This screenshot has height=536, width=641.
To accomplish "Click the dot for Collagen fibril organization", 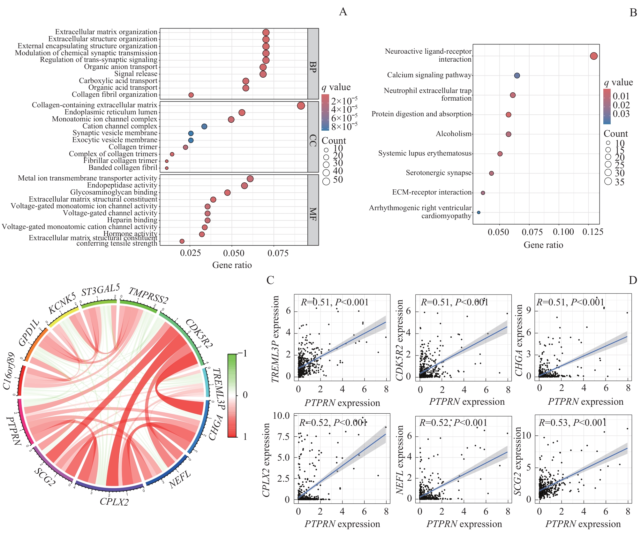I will (191, 95).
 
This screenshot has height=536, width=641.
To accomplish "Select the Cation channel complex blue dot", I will (204, 126).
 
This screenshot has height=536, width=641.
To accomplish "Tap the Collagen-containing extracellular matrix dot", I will (301, 106).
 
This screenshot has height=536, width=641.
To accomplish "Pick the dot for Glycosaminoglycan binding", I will (227, 193).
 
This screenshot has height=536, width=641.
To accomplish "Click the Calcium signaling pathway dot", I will (517, 76).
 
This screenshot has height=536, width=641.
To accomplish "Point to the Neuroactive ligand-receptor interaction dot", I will (594, 56).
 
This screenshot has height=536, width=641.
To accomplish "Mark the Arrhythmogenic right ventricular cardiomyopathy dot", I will (479, 212).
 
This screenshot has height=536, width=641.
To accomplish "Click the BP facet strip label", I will (313, 67).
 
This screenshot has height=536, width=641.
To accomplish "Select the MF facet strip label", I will (313, 214).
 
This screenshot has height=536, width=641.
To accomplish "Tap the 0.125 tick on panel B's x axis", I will (593, 232).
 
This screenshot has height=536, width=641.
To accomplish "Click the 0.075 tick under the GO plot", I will (278, 254).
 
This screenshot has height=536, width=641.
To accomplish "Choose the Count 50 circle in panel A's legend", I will (326, 181).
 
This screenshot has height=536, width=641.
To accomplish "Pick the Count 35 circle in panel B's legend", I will (608, 181).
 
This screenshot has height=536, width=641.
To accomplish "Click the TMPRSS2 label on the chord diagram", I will (148, 295).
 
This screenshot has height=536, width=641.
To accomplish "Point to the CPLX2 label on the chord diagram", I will (114, 502).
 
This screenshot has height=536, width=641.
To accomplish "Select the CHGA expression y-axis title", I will (519, 340).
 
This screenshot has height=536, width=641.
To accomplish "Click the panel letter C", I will (270, 280).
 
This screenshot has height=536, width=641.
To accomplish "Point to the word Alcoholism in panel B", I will (454, 134).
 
